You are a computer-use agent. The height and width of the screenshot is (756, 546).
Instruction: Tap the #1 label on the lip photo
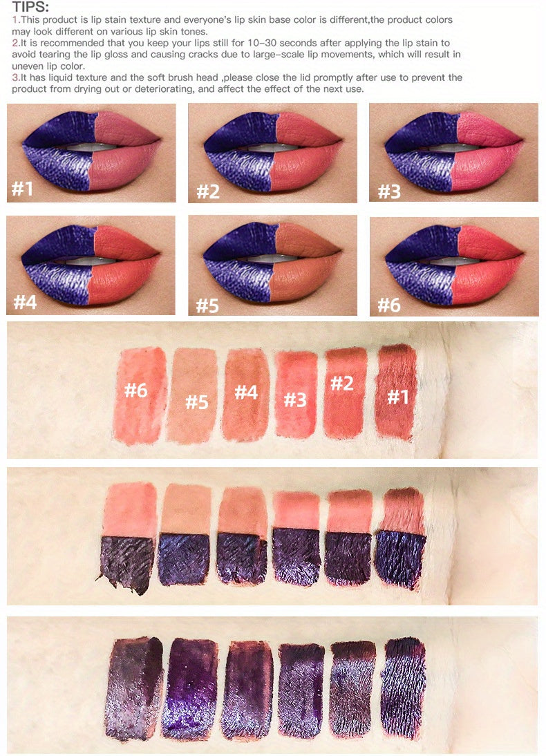(x=23, y=189)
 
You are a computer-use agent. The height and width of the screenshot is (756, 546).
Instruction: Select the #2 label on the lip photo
(x=207, y=191)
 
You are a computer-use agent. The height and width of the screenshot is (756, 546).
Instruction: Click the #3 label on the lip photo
(x=389, y=191)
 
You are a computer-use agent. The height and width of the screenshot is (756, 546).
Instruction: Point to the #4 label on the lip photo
(x=26, y=301)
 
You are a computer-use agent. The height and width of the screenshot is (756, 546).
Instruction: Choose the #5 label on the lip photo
(x=207, y=305)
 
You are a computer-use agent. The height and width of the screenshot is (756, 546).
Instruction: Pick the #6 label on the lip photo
(x=389, y=305)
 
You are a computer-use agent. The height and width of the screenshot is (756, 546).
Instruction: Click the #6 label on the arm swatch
(x=135, y=390)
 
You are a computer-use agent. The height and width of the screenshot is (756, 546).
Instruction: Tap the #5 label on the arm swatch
(x=197, y=401)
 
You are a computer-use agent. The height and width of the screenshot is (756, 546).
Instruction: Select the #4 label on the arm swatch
(x=245, y=393)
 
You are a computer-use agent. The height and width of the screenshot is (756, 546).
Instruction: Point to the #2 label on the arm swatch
(x=341, y=384)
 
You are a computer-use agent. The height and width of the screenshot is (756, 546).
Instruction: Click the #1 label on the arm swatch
(x=399, y=397)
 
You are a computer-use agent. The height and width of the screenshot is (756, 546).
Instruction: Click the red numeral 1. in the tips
(x=16, y=20)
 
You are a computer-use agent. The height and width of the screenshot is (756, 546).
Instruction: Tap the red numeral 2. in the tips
(x=16, y=43)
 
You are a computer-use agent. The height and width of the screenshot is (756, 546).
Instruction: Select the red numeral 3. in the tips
(x=16, y=77)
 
